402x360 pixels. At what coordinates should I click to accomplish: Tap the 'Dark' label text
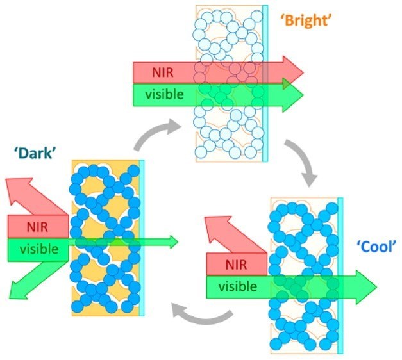tap(31, 152)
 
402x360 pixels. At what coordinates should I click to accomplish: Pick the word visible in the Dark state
tap(38, 249)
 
